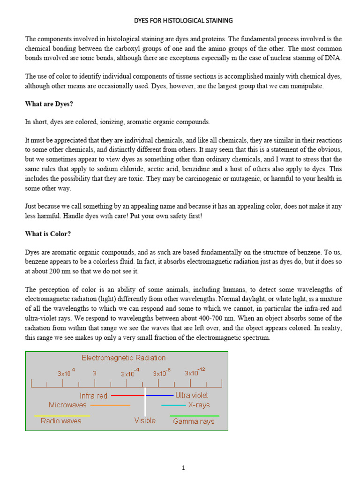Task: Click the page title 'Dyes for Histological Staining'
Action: pyautogui.click(x=183, y=21)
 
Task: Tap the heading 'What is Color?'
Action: pyautogui.click(x=48, y=233)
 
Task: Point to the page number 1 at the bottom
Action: pyautogui.click(x=184, y=467)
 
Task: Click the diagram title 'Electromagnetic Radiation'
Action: pyautogui.click(x=124, y=358)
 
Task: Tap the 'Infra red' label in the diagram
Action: pyautogui.click(x=93, y=396)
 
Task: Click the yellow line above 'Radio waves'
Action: pyautogui.click(x=62, y=416)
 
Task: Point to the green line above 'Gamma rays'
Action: pyautogui.click(x=194, y=416)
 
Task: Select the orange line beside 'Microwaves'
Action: pyautogui.click(x=110, y=405)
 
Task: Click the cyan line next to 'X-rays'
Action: pyautogui.click(x=173, y=405)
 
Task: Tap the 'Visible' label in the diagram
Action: pyautogui.click(x=145, y=420)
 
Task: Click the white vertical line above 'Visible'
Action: pyautogui.click(x=145, y=401)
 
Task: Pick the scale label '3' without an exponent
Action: pyautogui.click(x=95, y=374)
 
